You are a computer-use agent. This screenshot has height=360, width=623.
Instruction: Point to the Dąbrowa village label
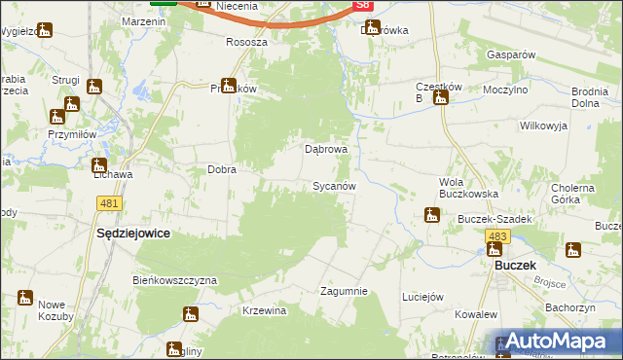(326, 150)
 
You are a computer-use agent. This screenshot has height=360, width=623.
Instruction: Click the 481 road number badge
(109, 203)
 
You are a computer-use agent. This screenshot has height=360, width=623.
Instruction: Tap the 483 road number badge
(498, 237)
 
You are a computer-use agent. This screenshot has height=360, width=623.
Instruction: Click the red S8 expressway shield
(363, 5)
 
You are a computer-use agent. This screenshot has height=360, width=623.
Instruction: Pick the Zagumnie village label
(344, 291)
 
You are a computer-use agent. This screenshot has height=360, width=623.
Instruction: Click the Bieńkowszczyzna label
(174, 280)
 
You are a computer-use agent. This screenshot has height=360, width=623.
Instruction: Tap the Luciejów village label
(422, 297)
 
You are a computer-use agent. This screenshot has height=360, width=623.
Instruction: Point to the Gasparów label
(512, 55)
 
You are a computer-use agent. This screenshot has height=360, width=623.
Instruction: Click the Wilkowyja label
(543, 126)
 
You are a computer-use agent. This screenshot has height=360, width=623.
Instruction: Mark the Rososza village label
(246, 43)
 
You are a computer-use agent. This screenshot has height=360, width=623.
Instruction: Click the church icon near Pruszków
(228, 85)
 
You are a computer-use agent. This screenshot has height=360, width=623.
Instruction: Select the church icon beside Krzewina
(190, 313)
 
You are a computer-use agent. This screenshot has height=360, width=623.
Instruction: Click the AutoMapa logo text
(565, 342)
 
